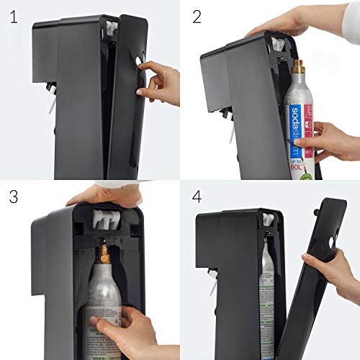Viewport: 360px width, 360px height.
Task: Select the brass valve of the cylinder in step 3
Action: pos(105,254)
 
